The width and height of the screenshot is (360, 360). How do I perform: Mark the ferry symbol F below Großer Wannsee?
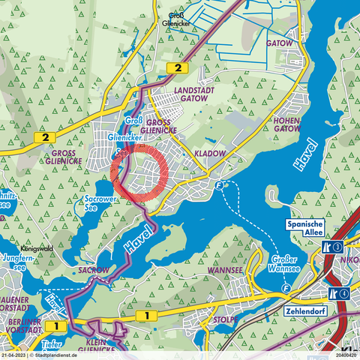[286, 288]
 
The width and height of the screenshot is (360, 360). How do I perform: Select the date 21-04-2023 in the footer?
[13, 355]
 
